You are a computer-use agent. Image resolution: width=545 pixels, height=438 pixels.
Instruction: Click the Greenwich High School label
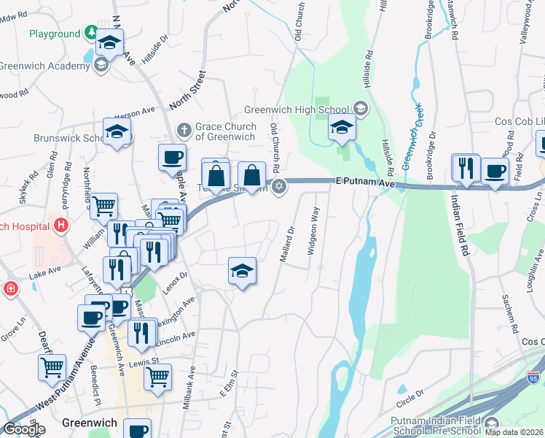coord(299,109)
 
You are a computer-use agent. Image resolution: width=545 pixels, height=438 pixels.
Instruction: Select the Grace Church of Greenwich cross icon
coord(185,130)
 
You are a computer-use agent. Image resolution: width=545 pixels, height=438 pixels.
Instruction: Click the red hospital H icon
coord(61,224)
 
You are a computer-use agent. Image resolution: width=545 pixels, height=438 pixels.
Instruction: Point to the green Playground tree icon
coord(90,33)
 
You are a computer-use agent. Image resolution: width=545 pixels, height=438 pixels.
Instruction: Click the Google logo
coord(24,429)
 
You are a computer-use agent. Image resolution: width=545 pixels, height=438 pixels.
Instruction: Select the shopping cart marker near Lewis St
coord(157,377)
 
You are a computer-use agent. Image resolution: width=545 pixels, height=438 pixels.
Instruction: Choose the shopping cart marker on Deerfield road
coord(51,368)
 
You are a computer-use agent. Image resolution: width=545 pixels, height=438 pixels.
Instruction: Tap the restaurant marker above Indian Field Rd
coord(465,168)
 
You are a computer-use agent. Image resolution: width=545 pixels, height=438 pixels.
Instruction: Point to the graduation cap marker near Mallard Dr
coord(242,272)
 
